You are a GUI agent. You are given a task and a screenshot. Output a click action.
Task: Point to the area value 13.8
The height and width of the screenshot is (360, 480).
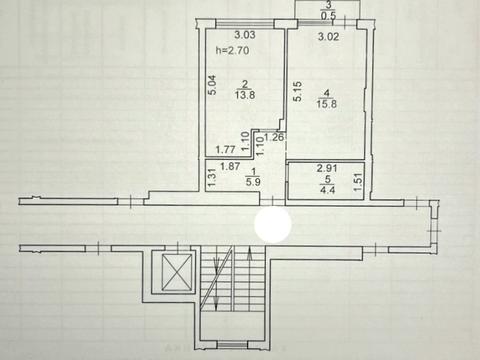click(243, 97)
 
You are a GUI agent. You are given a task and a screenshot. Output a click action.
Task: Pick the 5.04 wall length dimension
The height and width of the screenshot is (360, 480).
click(211, 86)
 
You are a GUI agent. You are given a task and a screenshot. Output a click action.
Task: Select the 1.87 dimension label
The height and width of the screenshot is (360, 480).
click(229, 167)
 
